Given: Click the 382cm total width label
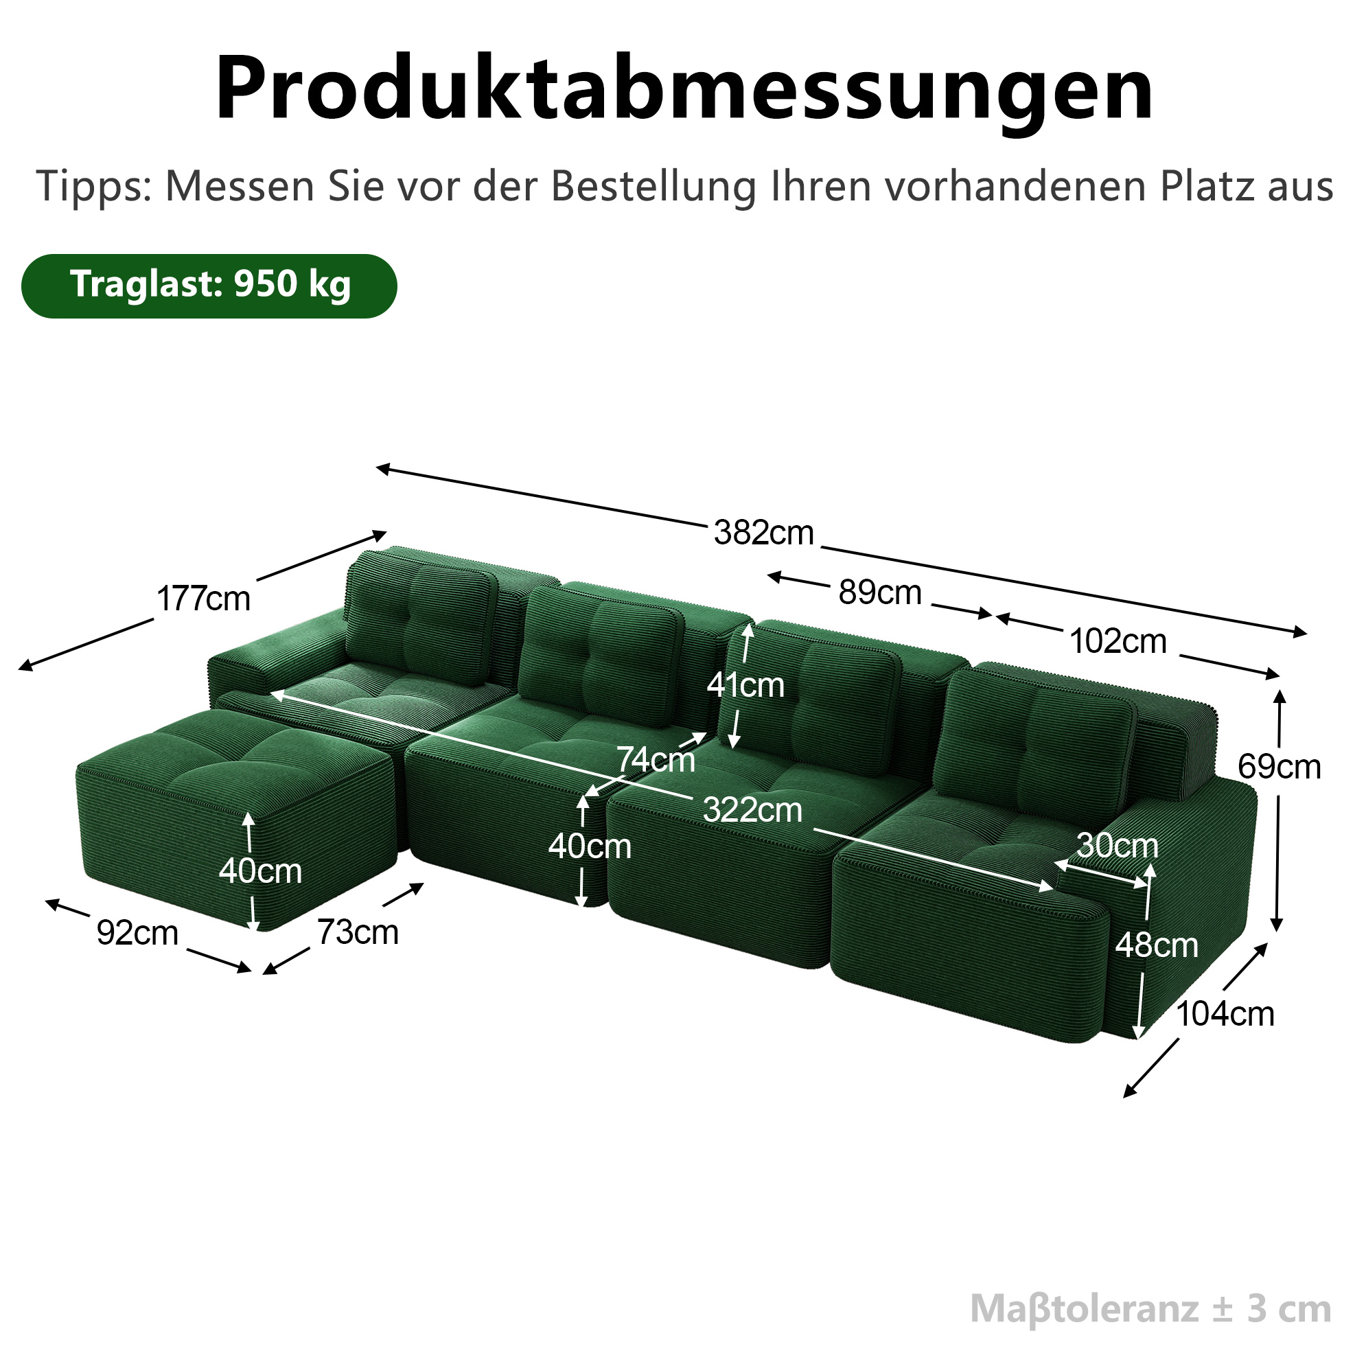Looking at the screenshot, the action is click(x=763, y=533).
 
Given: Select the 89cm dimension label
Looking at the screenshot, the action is click(x=880, y=592).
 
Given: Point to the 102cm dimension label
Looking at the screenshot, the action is click(x=1118, y=641).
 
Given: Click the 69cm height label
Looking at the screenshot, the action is click(x=1279, y=767).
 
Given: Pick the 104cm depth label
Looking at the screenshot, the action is click(x=1225, y=1014).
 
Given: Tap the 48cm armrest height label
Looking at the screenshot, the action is click(x=1157, y=945).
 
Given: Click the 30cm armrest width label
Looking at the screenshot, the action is click(x=1117, y=845).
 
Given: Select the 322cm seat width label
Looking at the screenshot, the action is click(x=752, y=809).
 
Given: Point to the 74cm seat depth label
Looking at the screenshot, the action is click(x=656, y=759).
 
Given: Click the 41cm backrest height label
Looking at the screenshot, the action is click(x=746, y=685).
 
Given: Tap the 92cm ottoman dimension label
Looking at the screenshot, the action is click(x=137, y=933).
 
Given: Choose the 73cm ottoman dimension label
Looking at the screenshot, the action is click(x=358, y=932).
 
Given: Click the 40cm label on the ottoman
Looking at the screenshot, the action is click(x=260, y=870).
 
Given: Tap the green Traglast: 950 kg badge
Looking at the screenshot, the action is click(x=209, y=286).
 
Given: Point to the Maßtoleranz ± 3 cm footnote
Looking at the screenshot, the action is click(x=1150, y=1308).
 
